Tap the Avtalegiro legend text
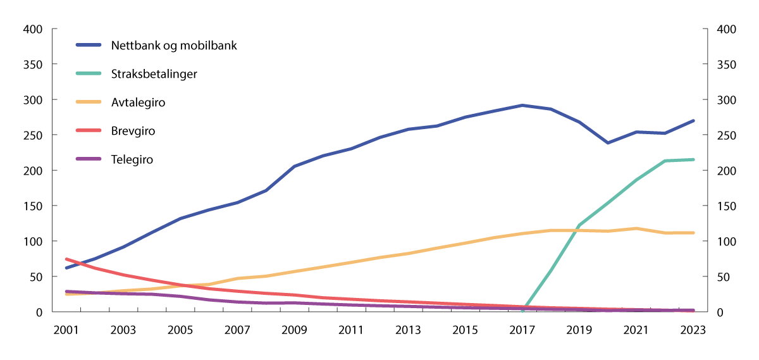[x=138, y=102]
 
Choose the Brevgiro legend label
[x=133, y=131]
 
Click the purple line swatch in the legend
[x=90, y=159]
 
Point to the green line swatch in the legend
[x=90, y=74]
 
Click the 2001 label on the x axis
[x=66, y=330]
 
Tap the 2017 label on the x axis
[x=522, y=330]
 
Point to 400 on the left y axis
[x=33, y=30]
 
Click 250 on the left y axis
[x=33, y=135]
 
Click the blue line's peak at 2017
[x=522, y=105]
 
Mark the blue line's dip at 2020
[x=608, y=143]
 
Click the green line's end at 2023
[x=693, y=159]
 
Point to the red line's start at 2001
[x=66, y=259]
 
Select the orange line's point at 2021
[x=636, y=228]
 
